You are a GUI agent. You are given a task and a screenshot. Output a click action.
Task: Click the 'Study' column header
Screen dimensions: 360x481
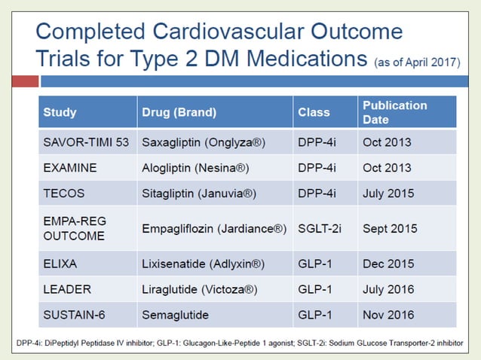(60, 112)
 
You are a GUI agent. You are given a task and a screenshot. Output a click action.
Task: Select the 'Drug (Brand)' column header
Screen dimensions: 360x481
(179, 112)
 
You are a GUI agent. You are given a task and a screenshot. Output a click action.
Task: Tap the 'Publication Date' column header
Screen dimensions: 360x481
(394, 112)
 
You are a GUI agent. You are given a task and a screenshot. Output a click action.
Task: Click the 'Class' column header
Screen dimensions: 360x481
(314, 112)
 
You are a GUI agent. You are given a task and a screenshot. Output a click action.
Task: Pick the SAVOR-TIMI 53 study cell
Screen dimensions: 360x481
(86, 142)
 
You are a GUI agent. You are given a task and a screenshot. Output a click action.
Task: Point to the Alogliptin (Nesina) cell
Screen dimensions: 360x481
(195, 167)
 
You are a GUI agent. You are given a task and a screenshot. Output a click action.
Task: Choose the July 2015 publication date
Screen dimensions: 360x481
(388, 193)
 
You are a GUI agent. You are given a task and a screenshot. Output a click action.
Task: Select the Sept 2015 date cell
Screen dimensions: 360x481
(390, 227)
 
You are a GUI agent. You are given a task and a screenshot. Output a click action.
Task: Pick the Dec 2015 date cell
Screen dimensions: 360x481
(388, 263)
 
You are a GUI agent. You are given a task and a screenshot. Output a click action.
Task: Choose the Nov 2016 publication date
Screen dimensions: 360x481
(388, 314)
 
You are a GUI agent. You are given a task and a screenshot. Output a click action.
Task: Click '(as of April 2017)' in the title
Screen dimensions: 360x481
(416, 63)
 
